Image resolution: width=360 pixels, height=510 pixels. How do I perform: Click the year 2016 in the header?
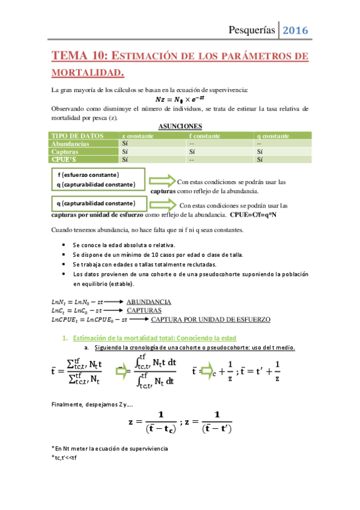coord(295,29)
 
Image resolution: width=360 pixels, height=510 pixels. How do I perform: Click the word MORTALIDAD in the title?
coord(87,73)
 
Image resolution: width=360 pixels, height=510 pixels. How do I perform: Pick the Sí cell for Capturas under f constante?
coord(192,152)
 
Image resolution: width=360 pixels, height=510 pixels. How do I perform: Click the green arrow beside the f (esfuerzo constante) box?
coord(160,180)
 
